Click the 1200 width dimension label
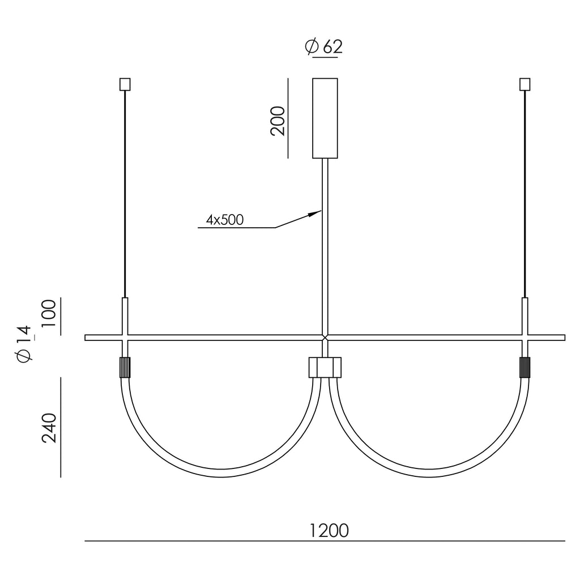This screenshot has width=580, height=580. click(329, 530)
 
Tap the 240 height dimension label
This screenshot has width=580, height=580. click(49, 428)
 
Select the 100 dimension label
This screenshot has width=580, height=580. click(49, 313)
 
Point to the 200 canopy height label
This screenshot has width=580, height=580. click(278, 121)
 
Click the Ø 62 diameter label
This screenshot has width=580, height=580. click(323, 47)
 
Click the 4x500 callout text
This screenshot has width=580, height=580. click(225, 220)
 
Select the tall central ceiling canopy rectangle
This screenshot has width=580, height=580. click(325, 118)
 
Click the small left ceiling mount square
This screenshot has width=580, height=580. click(125, 84)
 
